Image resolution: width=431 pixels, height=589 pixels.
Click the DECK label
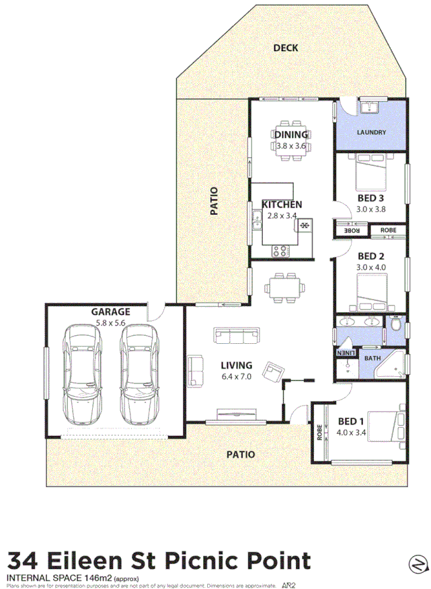[286, 48]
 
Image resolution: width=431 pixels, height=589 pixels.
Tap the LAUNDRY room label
[371, 132]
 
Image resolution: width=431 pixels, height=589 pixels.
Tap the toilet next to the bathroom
[396, 326]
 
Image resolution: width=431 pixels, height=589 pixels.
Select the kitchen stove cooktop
[280, 252]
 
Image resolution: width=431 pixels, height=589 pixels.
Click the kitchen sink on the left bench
[257, 219]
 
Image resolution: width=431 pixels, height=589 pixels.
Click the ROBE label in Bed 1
[319, 433]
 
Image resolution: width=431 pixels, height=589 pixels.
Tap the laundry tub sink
[370, 107]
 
